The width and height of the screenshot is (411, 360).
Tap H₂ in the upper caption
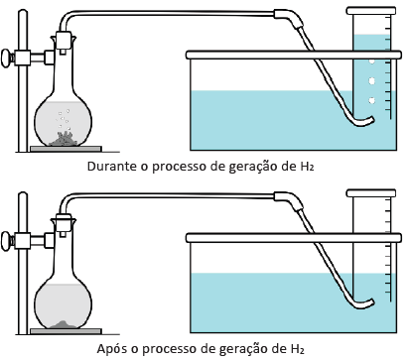(x=307, y=167)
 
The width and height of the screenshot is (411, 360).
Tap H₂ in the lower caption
(x=298, y=349)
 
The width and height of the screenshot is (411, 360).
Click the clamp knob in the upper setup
(x=6, y=59)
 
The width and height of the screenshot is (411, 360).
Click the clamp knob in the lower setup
(x=6, y=241)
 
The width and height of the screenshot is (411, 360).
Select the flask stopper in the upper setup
(x=64, y=42)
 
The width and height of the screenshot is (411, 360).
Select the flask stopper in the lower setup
(x=64, y=224)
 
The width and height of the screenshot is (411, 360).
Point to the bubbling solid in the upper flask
(x=64, y=139)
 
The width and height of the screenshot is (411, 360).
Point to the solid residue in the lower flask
(x=64, y=324)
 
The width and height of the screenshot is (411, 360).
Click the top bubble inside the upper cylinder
(x=371, y=61)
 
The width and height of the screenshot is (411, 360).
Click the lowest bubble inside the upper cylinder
(x=371, y=100)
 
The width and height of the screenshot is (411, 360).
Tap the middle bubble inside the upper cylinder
(x=371, y=80)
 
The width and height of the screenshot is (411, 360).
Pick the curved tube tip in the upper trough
(x=372, y=120)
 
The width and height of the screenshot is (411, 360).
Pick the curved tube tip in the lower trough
(x=372, y=302)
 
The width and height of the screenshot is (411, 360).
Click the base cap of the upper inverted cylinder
(x=371, y=11)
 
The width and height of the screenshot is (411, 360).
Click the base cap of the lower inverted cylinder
(x=371, y=193)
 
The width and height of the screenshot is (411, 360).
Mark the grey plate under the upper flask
(x=66, y=149)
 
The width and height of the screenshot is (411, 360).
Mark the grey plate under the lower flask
(x=66, y=331)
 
